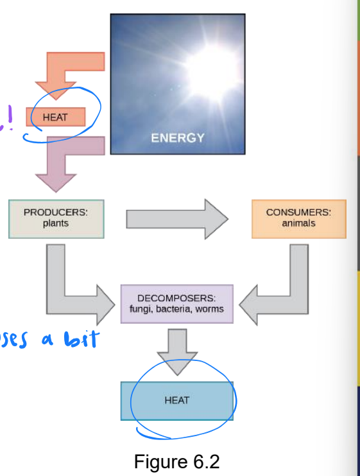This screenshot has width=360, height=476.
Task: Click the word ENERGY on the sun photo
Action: [177, 137]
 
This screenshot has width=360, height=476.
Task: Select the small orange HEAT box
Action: [55, 118]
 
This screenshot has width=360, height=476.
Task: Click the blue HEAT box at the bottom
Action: [176, 400]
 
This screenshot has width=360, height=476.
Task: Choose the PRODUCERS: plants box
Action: [56, 219]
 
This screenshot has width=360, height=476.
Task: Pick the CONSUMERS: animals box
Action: [298, 219]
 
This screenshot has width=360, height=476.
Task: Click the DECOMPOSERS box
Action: [176, 304]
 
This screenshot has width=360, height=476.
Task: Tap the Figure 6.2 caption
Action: [176, 461]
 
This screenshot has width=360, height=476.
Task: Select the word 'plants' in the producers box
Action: [56, 224]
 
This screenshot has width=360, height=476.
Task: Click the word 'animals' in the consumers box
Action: [298, 224]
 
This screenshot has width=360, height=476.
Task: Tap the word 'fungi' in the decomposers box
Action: [141, 309]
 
